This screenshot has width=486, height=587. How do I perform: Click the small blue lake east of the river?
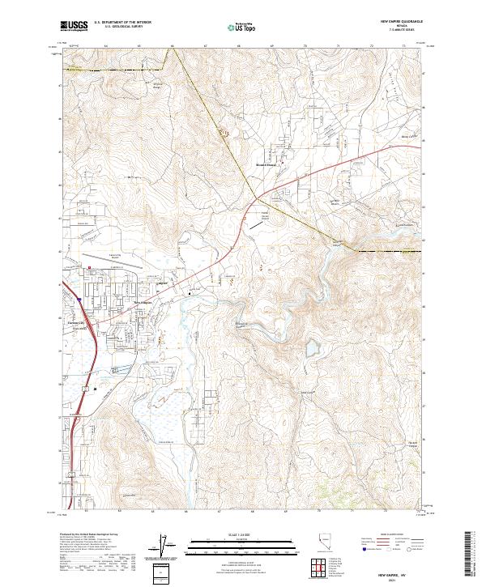pos(312,349)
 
